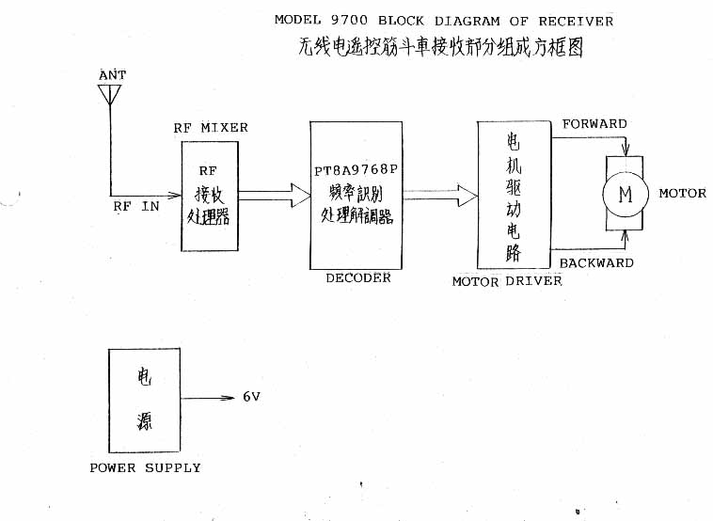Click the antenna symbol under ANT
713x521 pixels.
pos(109,95)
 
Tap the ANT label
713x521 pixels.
pos(111,74)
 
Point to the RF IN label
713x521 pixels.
pos(136,207)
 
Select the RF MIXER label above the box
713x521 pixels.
pos(211,128)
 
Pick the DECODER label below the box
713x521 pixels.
pos(357,278)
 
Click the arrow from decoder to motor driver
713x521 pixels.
pos(440,196)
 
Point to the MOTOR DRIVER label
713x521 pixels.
pos(507,281)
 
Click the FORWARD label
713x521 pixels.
pos(594,124)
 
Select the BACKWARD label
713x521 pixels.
pos(596,263)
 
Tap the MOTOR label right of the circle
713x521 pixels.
pos(682,194)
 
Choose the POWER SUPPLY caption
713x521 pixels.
pos(145,467)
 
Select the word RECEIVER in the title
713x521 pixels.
pos(576,20)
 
